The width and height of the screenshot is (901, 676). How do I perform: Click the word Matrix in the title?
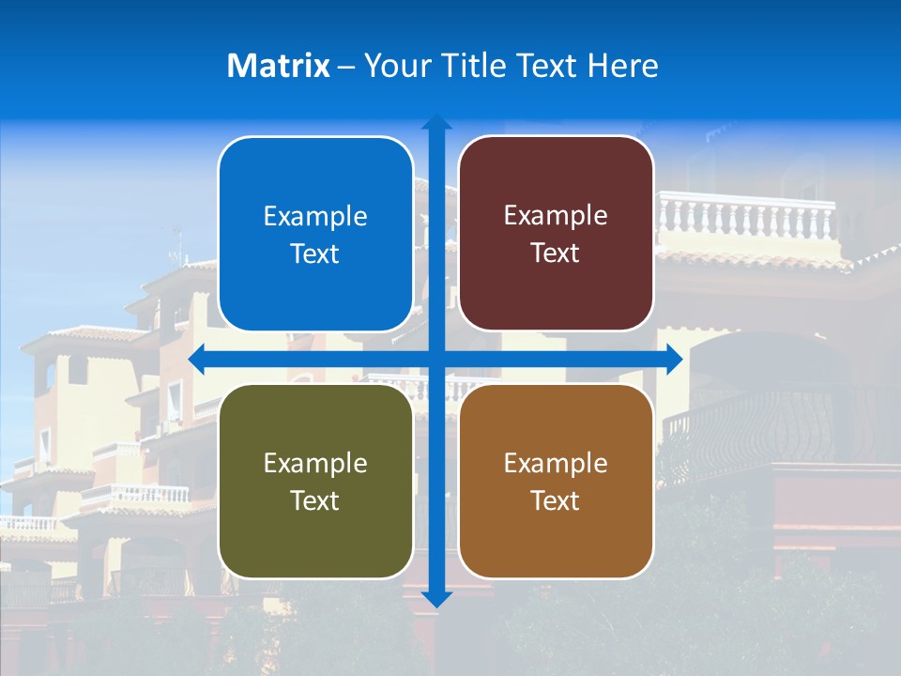click(x=279, y=66)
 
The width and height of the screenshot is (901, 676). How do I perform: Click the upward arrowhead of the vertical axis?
click(x=436, y=123)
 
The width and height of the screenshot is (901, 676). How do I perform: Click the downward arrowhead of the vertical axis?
click(x=436, y=598)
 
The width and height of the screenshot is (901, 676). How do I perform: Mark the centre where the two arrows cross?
click(x=436, y=360)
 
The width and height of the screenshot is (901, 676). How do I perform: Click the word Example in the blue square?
click(x=315, y=217)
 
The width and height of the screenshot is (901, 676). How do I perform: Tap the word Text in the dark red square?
click(x=556, y=253)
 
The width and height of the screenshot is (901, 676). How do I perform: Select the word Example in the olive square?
click(x=315, y=464)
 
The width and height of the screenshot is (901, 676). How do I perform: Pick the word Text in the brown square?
click(x=556, y=500)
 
